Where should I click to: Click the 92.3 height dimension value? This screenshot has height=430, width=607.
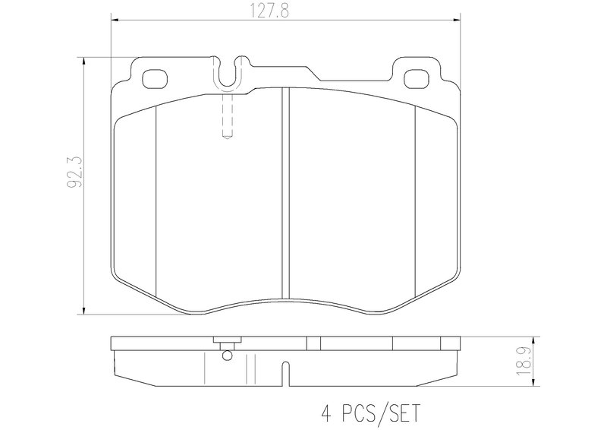click(x=75, y=172)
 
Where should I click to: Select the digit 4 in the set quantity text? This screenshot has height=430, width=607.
click(x=327, y=413)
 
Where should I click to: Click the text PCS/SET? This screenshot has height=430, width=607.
click(x=381, y=413)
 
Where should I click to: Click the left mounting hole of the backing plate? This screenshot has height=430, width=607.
click(x=155, y=79)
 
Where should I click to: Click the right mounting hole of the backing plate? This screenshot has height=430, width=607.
click(x=416, y=79)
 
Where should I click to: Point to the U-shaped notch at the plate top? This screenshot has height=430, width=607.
click(x=228, y=74)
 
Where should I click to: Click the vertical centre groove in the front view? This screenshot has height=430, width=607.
click(x=286, y=194)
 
